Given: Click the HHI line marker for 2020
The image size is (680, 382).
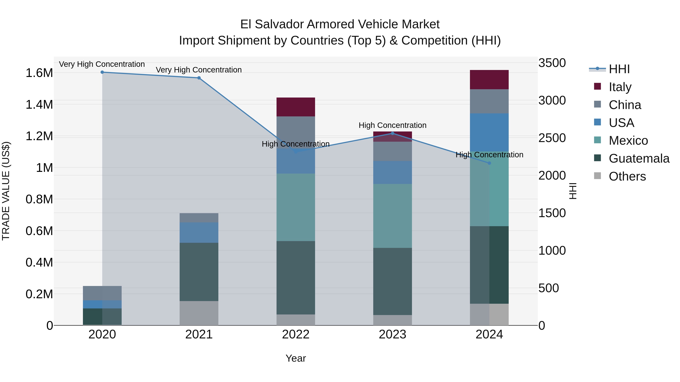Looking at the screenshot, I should click(102, 72).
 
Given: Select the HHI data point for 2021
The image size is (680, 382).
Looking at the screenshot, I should click(199, 78).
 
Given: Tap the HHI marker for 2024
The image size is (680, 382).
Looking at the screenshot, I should click(489, 163).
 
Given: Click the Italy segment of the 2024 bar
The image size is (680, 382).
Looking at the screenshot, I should click(489, 80).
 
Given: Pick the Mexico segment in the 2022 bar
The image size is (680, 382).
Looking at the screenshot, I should click(296, 207).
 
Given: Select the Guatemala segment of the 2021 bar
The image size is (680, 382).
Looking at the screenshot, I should click(199, 272).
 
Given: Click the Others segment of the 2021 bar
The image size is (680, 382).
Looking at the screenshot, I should click(199, 313).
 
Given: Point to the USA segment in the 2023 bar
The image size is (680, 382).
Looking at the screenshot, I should click(393, 172).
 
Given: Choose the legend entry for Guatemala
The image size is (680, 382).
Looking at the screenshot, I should click(639, 158).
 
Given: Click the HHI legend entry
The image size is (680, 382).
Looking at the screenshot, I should click(619, 69).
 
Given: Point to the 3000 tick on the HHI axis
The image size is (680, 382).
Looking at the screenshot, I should click(552, 100).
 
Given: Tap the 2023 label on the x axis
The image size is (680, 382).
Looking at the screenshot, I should click(393, 334).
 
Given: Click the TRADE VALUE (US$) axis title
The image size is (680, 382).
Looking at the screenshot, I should click(6, 191).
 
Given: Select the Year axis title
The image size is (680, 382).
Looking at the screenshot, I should click(296, 358).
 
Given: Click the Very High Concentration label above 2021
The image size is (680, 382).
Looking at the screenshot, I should click(199, 70).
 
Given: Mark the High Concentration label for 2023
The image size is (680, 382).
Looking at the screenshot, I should click(393, 125).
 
